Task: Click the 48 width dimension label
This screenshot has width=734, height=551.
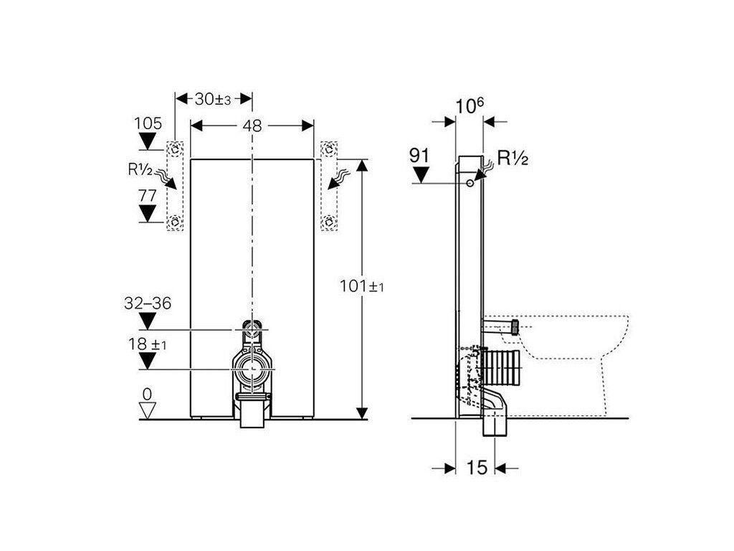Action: tap(252, 126)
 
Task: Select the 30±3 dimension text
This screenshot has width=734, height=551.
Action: tap(213, 99)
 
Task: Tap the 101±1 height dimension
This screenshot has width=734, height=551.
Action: tap(362, 286)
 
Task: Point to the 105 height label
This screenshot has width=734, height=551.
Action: tap(148, 123)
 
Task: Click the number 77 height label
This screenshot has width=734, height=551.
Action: tap(148, 195)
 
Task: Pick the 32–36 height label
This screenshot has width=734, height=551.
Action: tap(148, 303)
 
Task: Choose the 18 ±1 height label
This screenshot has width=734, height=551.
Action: tap(147, 344)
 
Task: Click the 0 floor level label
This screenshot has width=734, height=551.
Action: tap(148, 395)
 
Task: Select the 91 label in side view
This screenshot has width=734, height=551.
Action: tap(419, 155)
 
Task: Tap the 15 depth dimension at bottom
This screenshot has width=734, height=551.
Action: tap(477, 467)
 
